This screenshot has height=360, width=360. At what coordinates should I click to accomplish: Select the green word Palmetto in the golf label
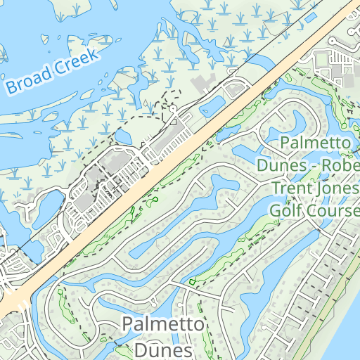coord(315,143)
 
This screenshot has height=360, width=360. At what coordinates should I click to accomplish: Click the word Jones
coord(333,188)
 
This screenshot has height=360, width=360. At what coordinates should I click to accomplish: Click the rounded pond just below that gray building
coord(212,105)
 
